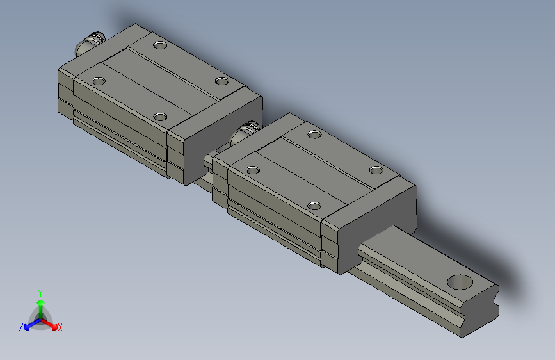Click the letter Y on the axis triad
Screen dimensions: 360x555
pyautogui.click(x=40, y=291)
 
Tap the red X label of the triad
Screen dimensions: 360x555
pyautogui.click(x=60, y=328)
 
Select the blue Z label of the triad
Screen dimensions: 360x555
pyautogui.click(x=21, y=327)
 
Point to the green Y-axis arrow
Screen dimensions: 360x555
pyautogui.click(x=40, y=304)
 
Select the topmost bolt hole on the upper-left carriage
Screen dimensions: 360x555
pyautogui.click(x=159, y=45)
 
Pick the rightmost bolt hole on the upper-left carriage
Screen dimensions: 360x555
pyautogui.click(x=221, y=81)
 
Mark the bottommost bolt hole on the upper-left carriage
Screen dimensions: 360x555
pyautogui.click(x=160, y=117)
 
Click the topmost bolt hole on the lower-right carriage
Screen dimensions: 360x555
pyautogui.click(x=314, y=134)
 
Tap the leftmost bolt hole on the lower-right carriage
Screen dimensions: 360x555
pyautogui.click(x=253, y=170)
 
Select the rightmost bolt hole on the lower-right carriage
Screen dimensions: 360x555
pyautogui.click(x=376, y=170)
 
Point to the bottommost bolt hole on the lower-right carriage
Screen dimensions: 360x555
pyautogui.click(x=314, y=206)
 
